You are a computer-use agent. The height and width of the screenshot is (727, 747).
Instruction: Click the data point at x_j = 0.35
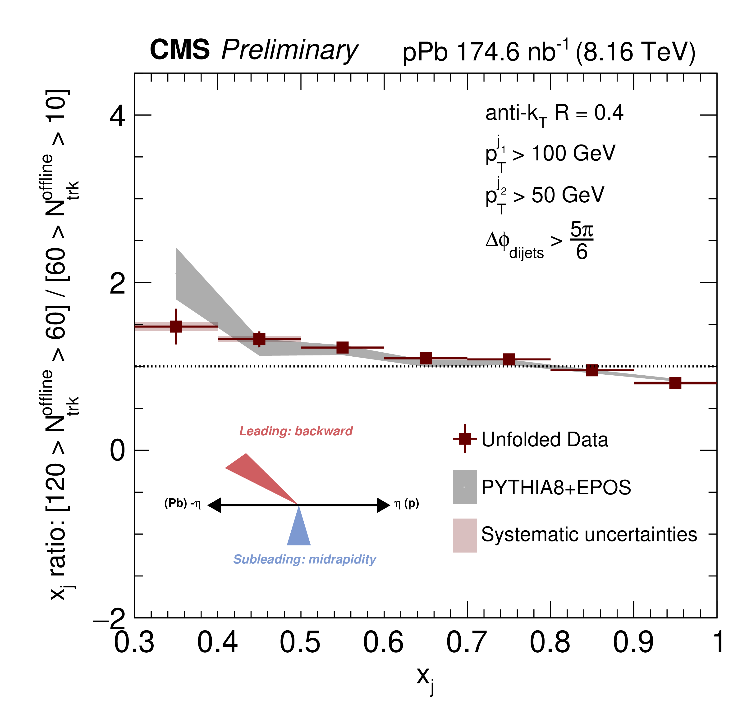click(176, 327)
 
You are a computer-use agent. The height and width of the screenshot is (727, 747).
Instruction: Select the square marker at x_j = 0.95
click(675, 383)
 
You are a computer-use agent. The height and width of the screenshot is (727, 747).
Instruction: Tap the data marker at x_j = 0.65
click(426, 359)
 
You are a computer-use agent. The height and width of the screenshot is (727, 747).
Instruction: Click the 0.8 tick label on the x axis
click(550, 642)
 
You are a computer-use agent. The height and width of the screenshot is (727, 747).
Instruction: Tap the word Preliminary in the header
click(289, 50)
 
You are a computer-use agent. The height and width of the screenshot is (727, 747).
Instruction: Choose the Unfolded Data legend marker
click(465, 438)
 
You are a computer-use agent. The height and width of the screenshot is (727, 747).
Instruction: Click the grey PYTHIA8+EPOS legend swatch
click(465, 487)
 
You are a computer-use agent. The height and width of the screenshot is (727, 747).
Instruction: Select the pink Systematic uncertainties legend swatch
click(465, 535)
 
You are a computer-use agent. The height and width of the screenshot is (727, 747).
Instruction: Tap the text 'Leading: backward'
click(296, 431)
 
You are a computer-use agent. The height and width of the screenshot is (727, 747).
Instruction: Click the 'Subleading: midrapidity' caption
click(304, 559)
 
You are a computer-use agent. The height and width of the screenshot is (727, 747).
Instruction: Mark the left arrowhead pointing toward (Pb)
click(214, 505)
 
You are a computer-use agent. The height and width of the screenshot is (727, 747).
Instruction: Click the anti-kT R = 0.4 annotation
click(554, 114)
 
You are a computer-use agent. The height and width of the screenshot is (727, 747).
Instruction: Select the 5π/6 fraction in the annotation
click(581, 241)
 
